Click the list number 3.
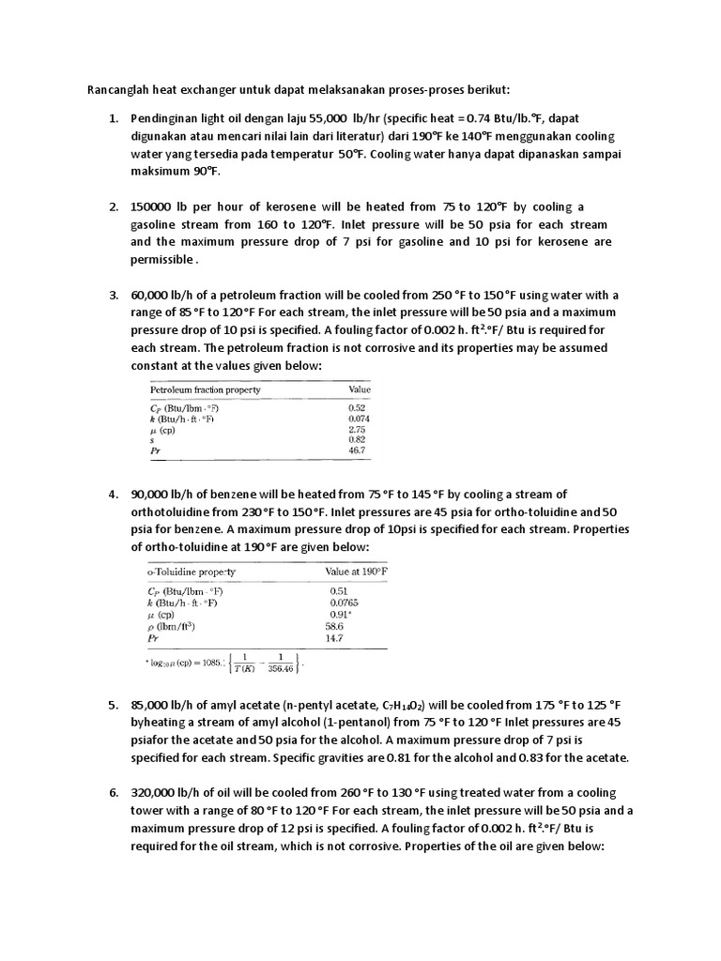coord(112,295)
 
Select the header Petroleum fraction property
coord(206,389)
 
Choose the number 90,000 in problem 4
coord(153,495)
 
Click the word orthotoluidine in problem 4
coord(170,512)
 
